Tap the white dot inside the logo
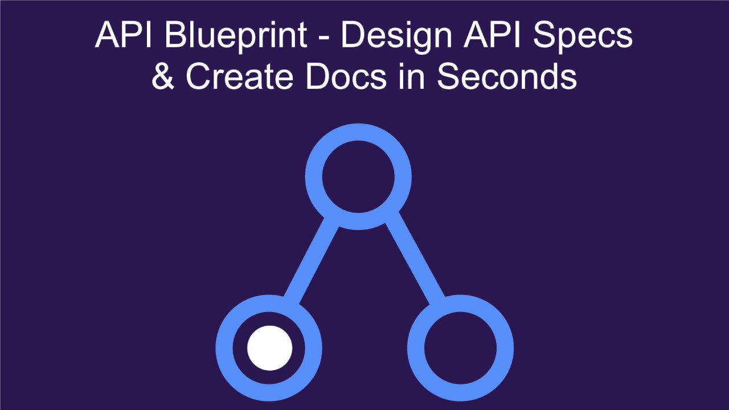point(269,348)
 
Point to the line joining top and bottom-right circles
point(414,256)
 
